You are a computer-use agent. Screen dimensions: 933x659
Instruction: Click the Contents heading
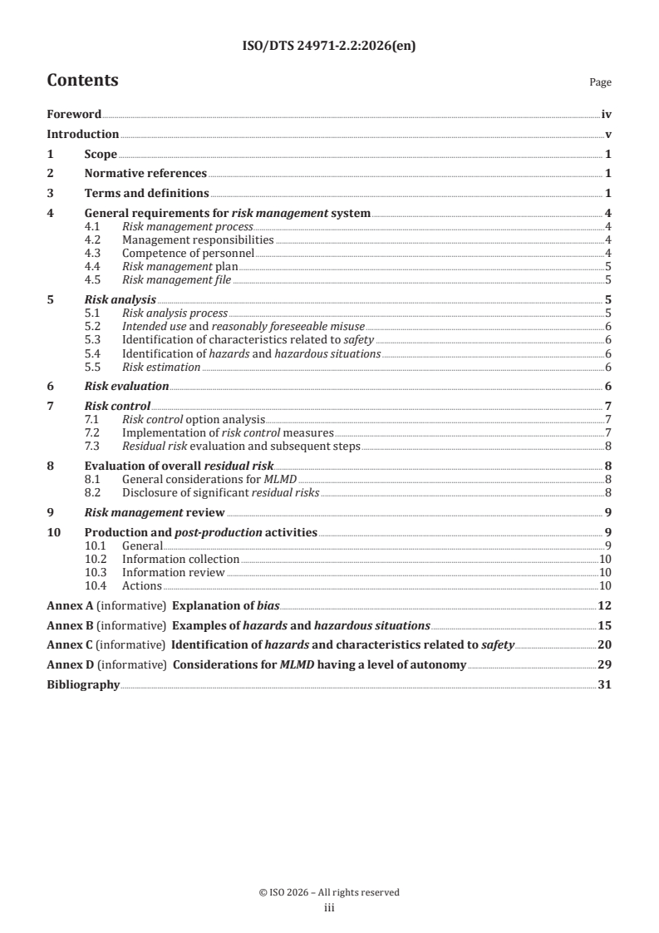coord(82,81)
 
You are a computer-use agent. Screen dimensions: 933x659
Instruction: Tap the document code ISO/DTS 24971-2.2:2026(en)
coord(329,47)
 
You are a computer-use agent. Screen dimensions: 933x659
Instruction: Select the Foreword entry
coord(74,115)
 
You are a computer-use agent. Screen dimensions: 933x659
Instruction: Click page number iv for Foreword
coord(607,115)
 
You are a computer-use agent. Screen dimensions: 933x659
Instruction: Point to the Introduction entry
coord(82,134)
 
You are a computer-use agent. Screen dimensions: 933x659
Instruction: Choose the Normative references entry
coord(145,174)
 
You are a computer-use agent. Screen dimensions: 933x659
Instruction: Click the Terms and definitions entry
coord(146,194)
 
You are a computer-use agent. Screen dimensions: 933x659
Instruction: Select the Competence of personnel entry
coord(188,253)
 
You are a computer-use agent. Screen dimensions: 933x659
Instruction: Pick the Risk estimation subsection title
coord(161,367)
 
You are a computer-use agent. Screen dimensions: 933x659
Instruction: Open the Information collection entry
coord(180,560)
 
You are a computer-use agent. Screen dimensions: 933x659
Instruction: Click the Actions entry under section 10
coord(142,586)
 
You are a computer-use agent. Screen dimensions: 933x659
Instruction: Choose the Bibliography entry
coord(83,685)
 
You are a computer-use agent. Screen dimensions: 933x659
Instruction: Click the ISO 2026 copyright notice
coord(329,892)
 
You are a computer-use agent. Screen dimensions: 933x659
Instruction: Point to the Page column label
coord(600,82)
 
